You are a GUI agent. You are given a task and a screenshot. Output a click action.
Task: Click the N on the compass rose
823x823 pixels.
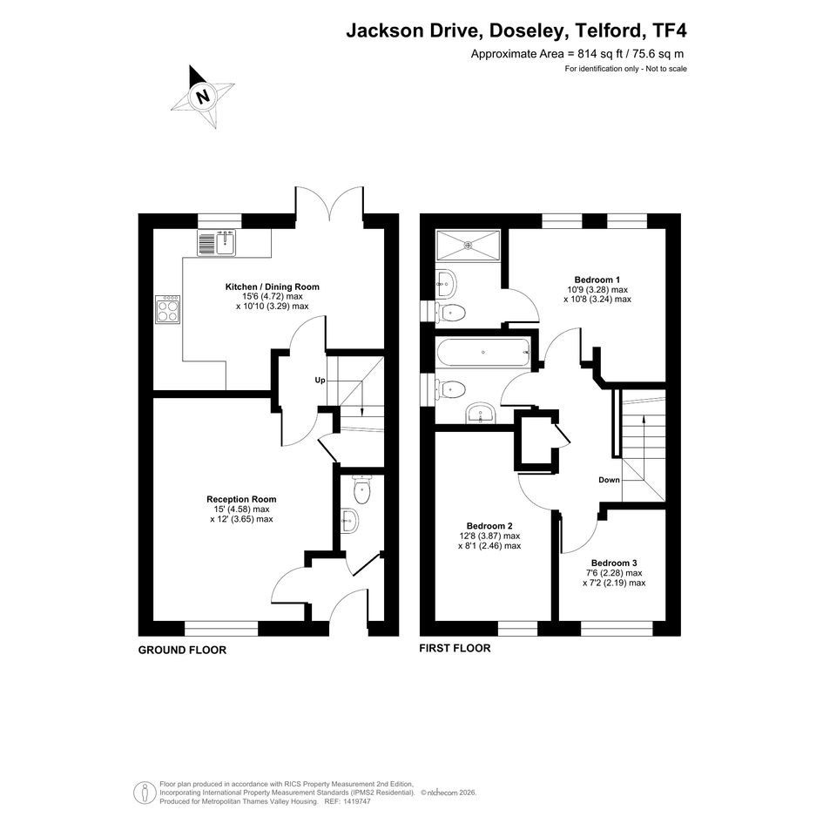202,96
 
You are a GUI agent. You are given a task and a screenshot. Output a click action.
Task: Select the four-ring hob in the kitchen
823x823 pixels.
168,308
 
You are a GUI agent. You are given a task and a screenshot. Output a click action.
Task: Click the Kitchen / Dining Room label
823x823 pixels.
272,287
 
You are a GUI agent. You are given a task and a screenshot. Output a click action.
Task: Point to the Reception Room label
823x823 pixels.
241,499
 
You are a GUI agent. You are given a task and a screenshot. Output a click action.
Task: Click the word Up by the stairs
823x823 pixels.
320,380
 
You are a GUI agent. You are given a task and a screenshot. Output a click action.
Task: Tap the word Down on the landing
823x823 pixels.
609,480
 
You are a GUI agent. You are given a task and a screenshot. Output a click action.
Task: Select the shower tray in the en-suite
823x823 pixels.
469,244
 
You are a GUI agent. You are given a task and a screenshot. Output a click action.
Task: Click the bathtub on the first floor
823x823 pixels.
483,352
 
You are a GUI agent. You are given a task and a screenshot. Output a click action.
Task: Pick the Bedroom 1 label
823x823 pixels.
597,280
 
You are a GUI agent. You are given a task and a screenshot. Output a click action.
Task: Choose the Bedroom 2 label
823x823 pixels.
489,526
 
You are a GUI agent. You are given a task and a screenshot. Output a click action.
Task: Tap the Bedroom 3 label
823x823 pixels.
614,563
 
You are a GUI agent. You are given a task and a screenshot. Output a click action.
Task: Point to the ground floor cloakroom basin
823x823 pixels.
349,521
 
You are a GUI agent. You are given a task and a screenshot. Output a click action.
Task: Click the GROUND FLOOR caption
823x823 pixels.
182,650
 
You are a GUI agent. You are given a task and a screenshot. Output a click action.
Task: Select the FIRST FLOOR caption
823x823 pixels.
455,648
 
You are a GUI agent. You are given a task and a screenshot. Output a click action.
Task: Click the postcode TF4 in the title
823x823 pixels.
668,30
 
